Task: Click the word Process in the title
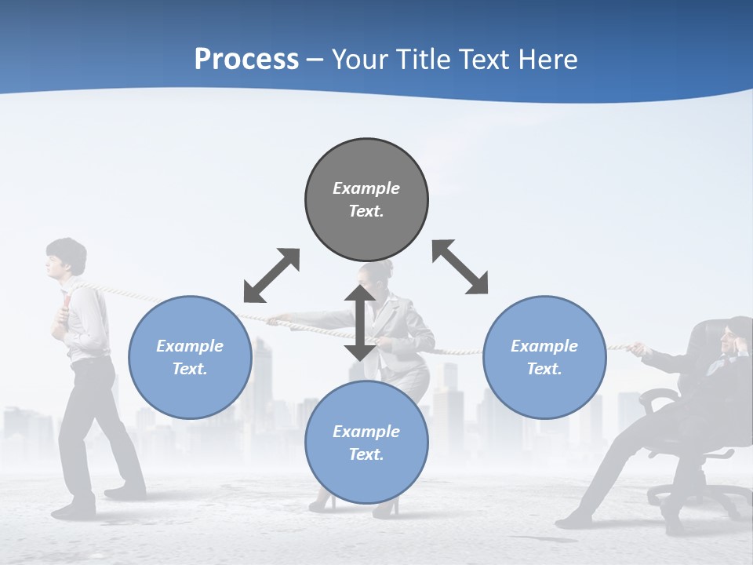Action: pos(246,60)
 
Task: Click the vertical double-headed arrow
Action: pos(360,323)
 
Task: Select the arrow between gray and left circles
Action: pos(271,275)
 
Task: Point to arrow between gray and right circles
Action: pos(460,267)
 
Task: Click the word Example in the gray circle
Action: pos(366,188)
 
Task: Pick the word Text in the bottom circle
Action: pos(366,454)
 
